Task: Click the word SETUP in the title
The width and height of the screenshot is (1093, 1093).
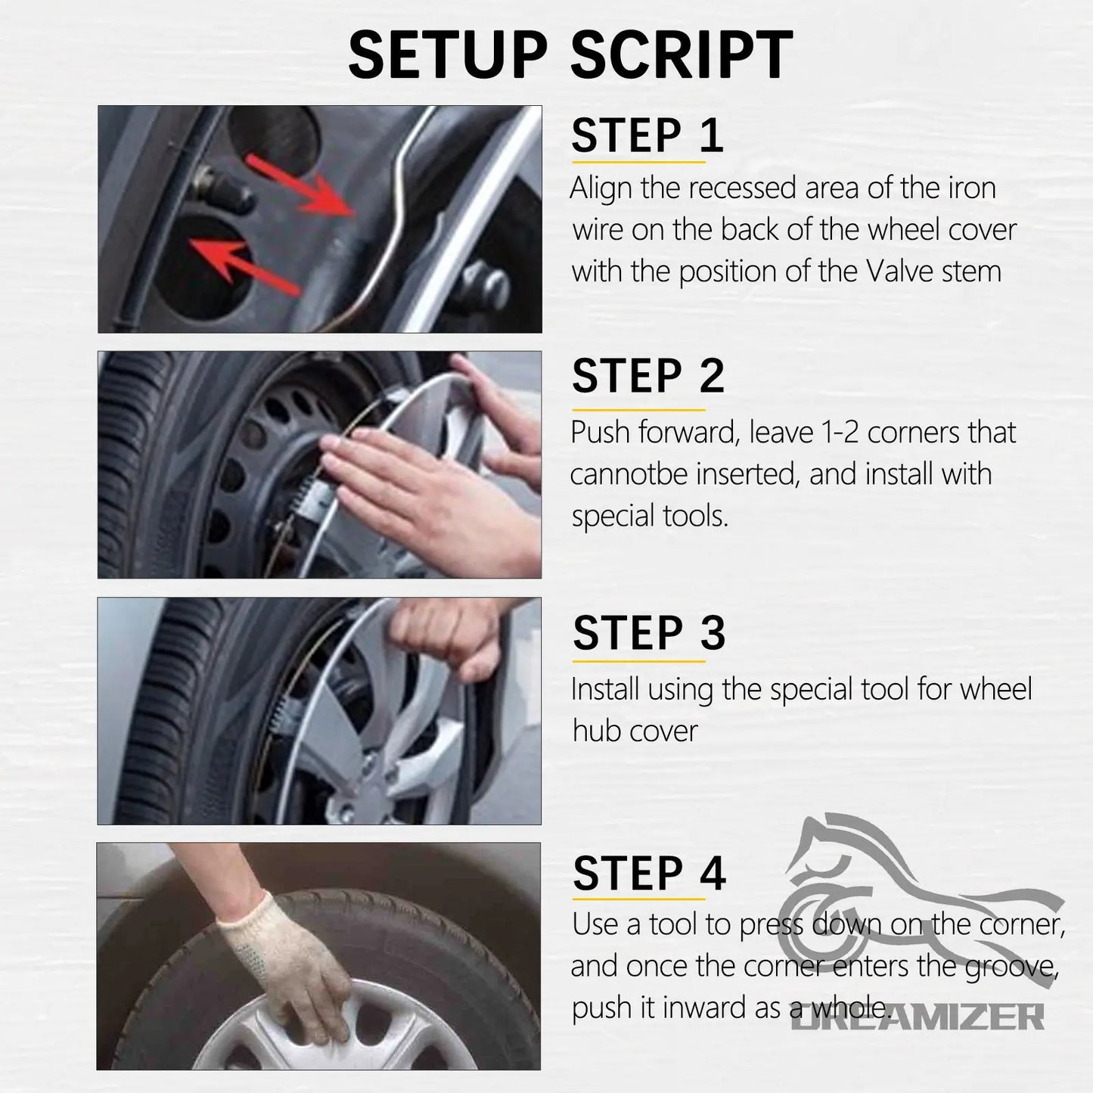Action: pyautogui.click(x=448, y=54)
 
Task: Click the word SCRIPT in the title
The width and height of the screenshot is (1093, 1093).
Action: pyautogui.click(x=682, y=54)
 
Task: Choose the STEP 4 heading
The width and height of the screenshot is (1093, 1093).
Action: pyautogui.click(x=649, y=874)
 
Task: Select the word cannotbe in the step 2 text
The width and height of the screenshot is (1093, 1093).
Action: pyautogui.click(x=629, y=474)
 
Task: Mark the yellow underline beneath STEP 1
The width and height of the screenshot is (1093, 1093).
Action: pyautogui.click(x=638, y=162)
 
